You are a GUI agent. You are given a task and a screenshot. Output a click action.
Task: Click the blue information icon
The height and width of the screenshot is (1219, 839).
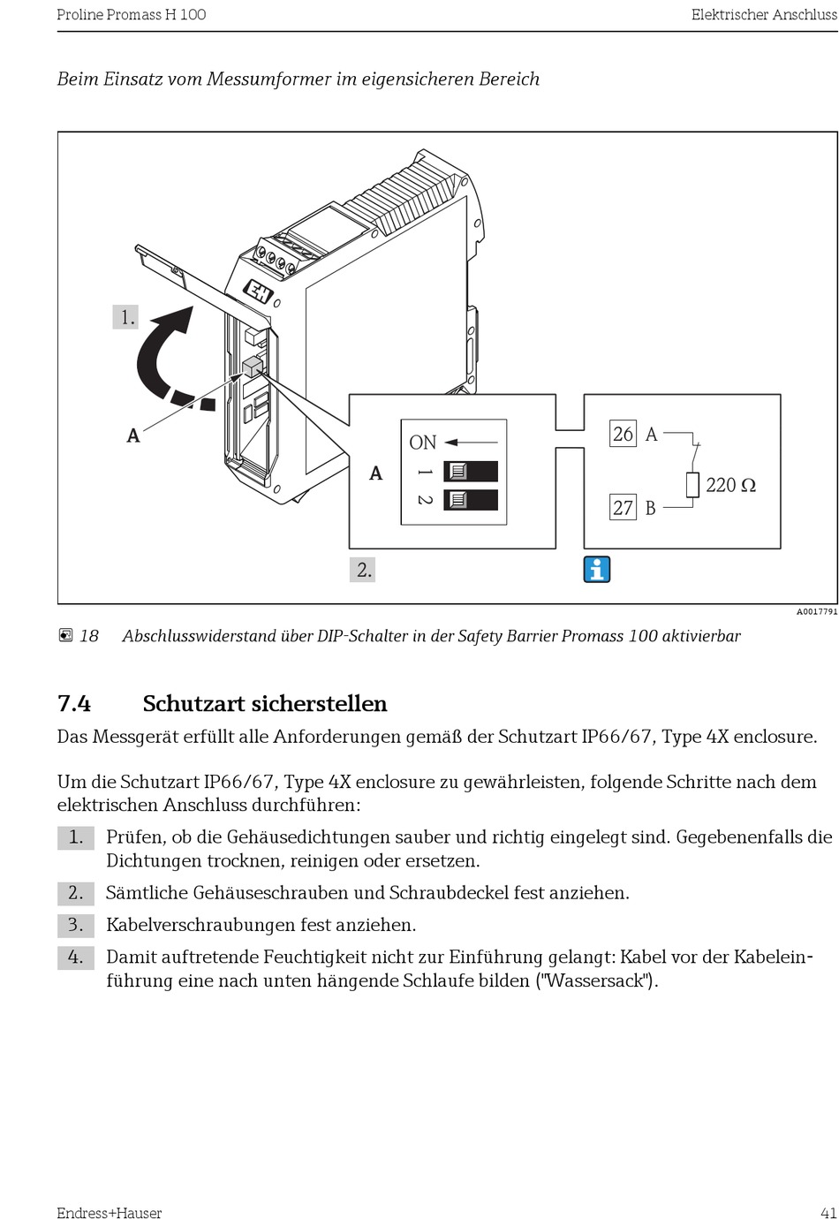597,570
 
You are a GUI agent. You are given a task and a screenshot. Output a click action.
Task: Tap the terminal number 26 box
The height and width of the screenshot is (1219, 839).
624,434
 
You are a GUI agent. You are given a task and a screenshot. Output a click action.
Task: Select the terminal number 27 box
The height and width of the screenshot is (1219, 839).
624,507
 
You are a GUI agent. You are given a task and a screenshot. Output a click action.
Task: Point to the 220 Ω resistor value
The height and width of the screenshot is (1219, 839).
730,485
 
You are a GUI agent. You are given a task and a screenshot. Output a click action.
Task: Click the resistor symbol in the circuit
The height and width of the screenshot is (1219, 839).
692,485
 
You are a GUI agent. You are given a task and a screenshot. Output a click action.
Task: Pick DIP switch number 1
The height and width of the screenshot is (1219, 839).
470,471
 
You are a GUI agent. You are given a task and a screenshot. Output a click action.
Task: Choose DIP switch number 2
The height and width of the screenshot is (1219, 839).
470,500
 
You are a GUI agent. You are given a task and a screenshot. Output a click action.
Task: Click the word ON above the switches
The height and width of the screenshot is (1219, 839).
423,443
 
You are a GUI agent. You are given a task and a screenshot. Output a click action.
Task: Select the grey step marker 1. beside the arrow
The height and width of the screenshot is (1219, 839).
126,317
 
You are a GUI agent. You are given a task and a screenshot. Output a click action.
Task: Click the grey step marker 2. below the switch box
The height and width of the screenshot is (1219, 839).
363,570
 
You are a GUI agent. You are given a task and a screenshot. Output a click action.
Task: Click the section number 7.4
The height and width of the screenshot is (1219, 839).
74,704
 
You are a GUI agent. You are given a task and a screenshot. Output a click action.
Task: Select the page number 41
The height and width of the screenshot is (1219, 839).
828,1213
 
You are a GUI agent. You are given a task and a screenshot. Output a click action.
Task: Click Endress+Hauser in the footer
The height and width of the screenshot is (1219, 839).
110,1213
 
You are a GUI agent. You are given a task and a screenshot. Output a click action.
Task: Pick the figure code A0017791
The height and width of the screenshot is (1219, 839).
817,611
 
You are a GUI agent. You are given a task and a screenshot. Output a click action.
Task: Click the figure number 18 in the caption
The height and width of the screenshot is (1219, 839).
89,636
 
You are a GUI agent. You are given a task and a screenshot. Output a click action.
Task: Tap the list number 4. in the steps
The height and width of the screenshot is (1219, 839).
76,957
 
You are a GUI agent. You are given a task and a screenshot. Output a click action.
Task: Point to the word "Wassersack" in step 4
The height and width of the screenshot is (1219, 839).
596,980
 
